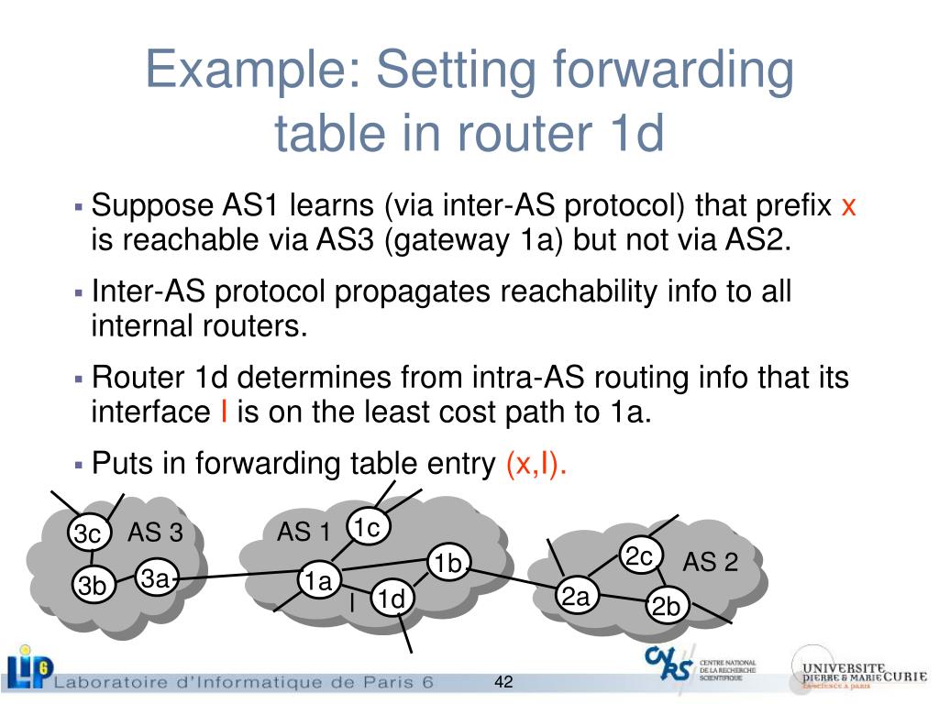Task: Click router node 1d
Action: [392, 599]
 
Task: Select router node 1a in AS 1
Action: [318, 581]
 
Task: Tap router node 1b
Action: [449, 564]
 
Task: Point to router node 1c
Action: [368, 528]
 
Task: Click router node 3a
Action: [155, 578]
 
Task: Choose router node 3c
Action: [88, 534]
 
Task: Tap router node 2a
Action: [576, 598]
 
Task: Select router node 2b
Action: [666, 606]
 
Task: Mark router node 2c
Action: [638, 556]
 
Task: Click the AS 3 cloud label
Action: [155, 533]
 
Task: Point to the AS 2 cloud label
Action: [710, 562]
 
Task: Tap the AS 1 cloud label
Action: [304, 533]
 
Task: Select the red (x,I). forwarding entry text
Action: [536, 465]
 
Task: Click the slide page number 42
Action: [503, 683]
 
